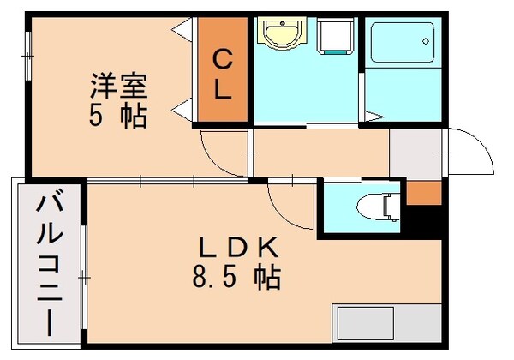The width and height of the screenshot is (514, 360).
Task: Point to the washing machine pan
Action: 335,39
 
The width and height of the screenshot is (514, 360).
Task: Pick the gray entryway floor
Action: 415,154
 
